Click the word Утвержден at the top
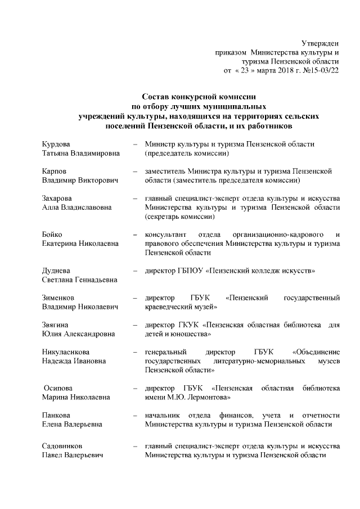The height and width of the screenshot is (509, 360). [x=320, y=43]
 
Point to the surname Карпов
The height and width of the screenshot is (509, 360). [x=54, y=170]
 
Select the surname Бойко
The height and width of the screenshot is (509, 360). [x=52, y=234]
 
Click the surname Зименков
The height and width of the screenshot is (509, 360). [x=58, y=298]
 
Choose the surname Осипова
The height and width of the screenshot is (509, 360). [x=59, y=388]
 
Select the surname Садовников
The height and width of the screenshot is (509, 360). [x=62, y=446]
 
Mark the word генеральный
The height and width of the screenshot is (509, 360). [x=165, y=352]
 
